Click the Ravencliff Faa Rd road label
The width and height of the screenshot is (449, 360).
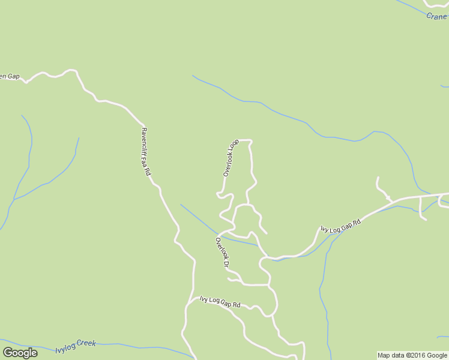146,152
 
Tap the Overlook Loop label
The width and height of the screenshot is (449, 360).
231,158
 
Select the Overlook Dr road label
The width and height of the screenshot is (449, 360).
222,253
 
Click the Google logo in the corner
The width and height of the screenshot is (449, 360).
20,353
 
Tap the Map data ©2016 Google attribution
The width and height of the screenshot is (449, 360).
412,356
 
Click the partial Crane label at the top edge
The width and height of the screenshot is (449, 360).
436,17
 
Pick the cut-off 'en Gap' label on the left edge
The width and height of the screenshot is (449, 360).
10,77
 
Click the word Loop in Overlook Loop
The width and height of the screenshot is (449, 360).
234,146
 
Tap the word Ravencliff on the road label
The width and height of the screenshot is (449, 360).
144,141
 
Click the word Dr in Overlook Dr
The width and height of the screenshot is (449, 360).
226,262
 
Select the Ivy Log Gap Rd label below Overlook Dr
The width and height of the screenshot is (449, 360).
220,302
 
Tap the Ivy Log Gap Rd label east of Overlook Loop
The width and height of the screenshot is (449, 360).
340,226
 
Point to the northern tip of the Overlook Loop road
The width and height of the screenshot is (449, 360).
246,141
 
